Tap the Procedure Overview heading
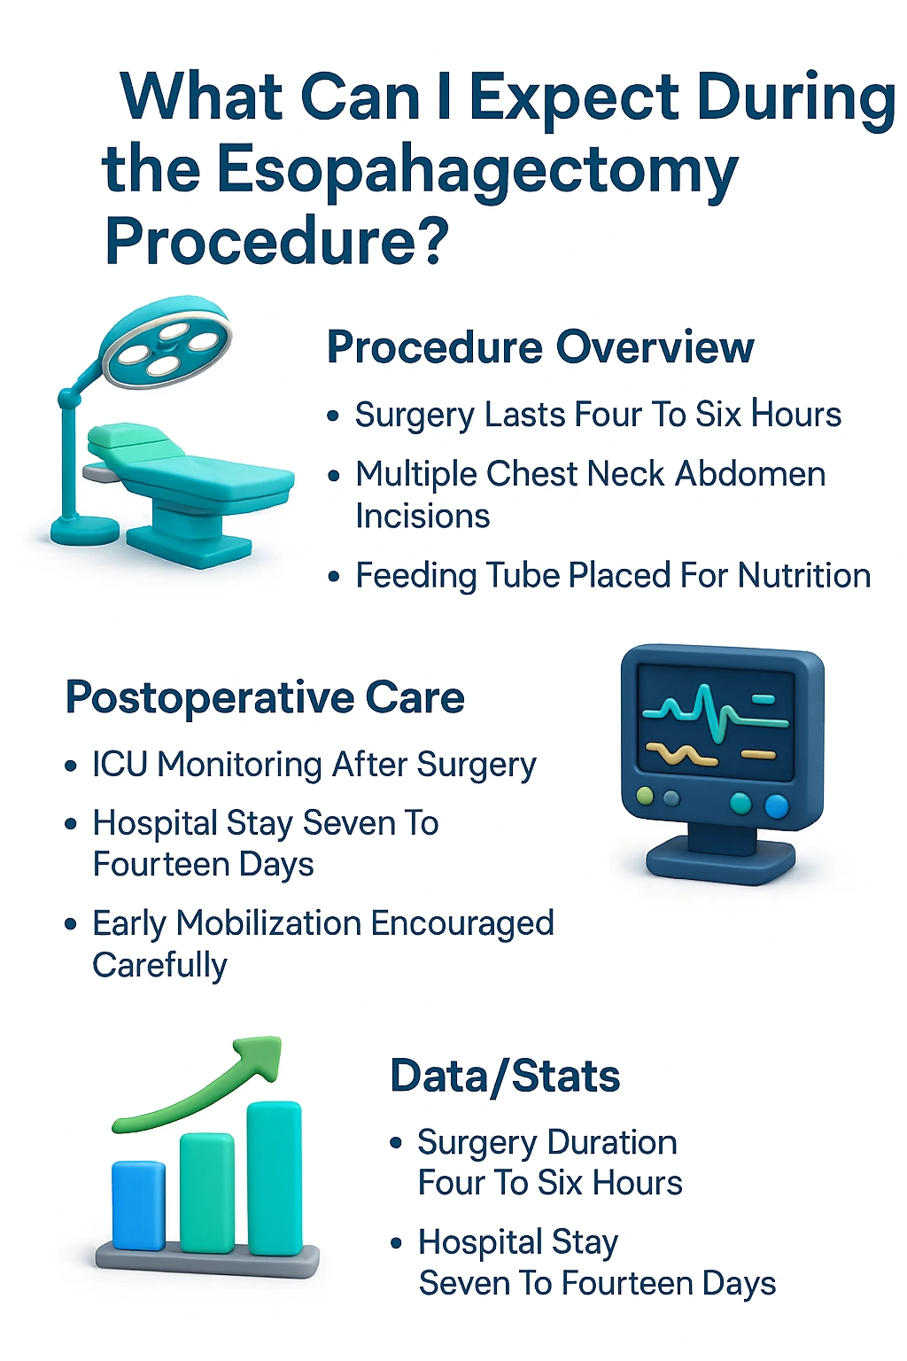click(540, 346)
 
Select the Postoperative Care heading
click(265, 697)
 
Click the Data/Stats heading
click(505, 1077)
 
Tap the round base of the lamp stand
click(84, 531)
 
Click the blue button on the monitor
click(776, 805)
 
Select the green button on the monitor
click(646, 796)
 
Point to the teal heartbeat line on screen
click(709, 709)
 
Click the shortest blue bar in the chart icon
click(138, 1205)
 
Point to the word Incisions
click(422, 516)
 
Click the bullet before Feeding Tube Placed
click(334, 577)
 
